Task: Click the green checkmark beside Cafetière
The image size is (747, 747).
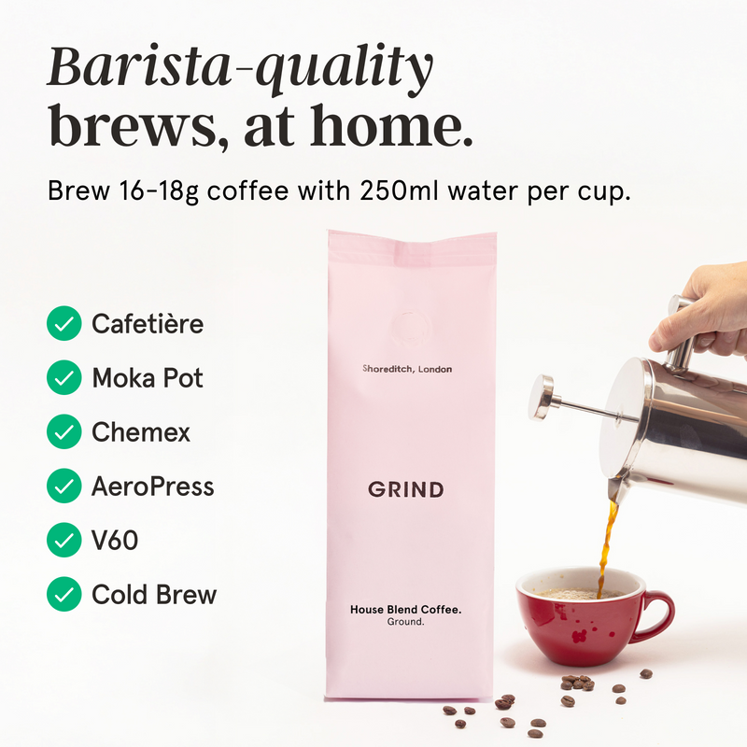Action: click(63, 324)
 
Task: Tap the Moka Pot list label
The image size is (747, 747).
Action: click(148, 378)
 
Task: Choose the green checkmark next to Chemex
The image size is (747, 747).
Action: click(63, 432)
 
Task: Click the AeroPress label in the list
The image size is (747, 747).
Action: click(153, 486)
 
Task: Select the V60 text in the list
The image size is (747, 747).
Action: click(115, 540)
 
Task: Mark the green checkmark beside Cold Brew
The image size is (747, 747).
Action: click(63, 594)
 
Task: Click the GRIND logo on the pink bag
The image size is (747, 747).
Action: click(405, 489)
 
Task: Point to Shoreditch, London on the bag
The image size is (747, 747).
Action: click(407, 370)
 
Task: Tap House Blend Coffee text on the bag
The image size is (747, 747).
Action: click(406, 610)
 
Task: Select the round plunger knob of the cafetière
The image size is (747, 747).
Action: click(542, 396)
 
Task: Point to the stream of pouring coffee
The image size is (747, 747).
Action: click(608, 542)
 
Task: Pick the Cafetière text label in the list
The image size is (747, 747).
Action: click(148, 324)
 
